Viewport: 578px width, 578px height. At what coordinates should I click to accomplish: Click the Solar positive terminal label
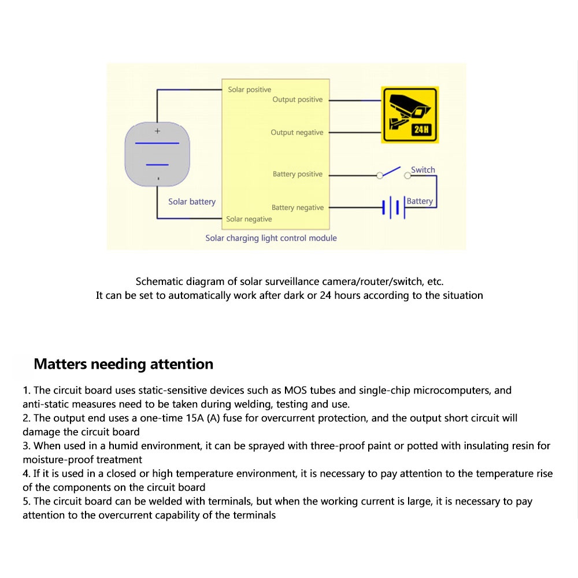(249, 90)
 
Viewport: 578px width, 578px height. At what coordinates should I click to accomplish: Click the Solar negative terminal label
(249, 219)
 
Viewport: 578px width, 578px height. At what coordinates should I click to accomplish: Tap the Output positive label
(297, 99)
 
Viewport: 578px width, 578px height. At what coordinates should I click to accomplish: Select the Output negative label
(297, 132)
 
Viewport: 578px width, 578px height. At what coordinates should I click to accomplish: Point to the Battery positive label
(298, 174)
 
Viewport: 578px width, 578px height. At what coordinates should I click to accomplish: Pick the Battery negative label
(298, 208)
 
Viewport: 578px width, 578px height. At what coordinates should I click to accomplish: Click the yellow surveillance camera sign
(410, 114)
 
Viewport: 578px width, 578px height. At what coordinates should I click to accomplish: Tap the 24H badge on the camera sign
(421, 129)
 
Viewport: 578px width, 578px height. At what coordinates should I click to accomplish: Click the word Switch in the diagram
(423, 170)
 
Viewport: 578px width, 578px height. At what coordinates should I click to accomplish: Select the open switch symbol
(393, 172)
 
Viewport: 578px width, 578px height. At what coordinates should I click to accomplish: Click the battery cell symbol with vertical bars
(392, 207)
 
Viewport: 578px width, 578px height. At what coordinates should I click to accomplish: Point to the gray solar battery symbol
(157, 155)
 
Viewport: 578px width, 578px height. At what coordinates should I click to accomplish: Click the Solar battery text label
(192, 202)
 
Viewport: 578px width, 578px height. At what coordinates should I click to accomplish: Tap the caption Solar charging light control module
(271, 238)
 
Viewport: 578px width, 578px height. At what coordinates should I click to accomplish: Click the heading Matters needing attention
(124, 364)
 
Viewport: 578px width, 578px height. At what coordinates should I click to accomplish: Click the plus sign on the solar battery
(157, 131)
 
